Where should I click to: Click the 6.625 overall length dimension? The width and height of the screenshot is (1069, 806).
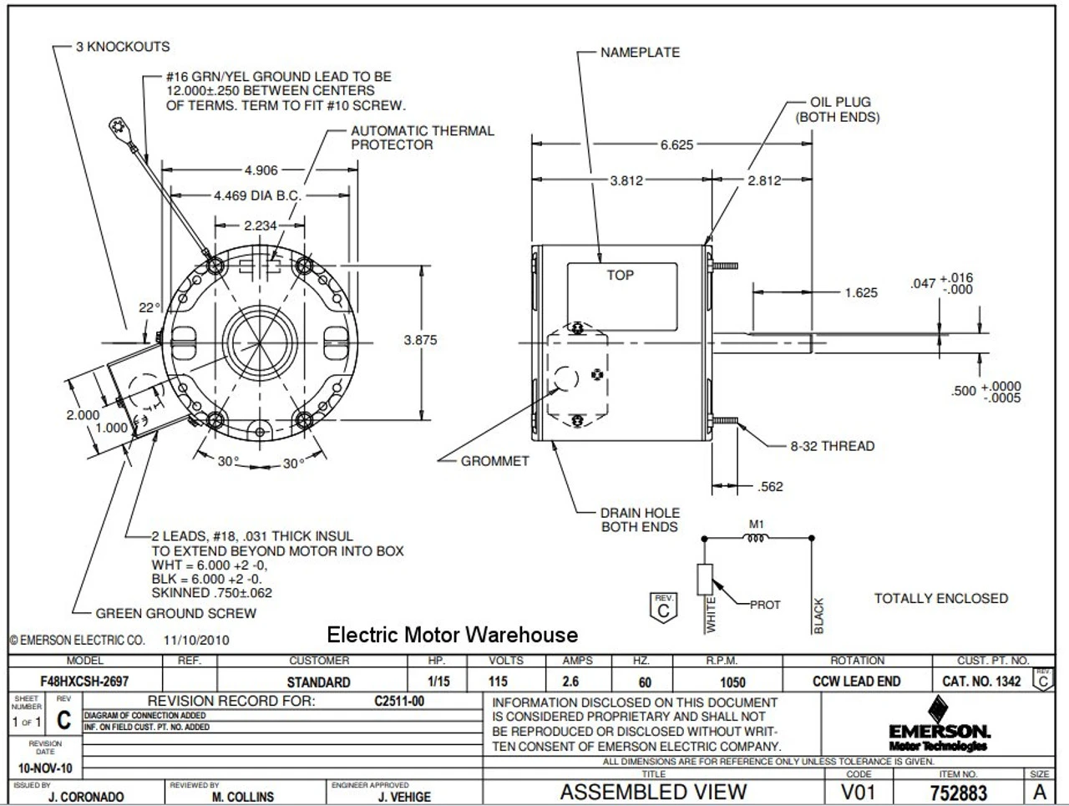point(676,144)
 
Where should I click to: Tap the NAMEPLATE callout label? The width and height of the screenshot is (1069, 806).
point(640,52)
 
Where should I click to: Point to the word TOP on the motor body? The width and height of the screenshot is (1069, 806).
point(620,275)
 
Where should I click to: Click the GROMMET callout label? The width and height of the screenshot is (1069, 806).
point(495,460)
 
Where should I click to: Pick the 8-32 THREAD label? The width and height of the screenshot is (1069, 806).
point(832,446)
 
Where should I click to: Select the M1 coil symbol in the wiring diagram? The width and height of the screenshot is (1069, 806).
point(756,537)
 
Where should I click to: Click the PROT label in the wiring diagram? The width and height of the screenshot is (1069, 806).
point(764,605)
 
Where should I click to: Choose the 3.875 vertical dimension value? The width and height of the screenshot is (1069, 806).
point(420,340)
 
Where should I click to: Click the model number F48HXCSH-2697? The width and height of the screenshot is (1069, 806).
point(84,682)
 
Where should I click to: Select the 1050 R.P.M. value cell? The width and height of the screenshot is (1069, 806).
point(732,682)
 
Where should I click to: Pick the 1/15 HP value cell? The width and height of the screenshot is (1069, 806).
point(438,682)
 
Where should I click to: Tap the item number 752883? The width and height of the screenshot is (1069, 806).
point(958,792)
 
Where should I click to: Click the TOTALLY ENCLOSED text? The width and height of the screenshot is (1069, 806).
point(940,598)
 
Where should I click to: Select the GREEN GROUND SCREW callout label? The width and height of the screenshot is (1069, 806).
point(175,613)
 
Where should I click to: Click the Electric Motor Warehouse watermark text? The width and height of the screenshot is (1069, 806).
point(452,635)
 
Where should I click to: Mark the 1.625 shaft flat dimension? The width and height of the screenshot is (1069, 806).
point(860,292)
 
